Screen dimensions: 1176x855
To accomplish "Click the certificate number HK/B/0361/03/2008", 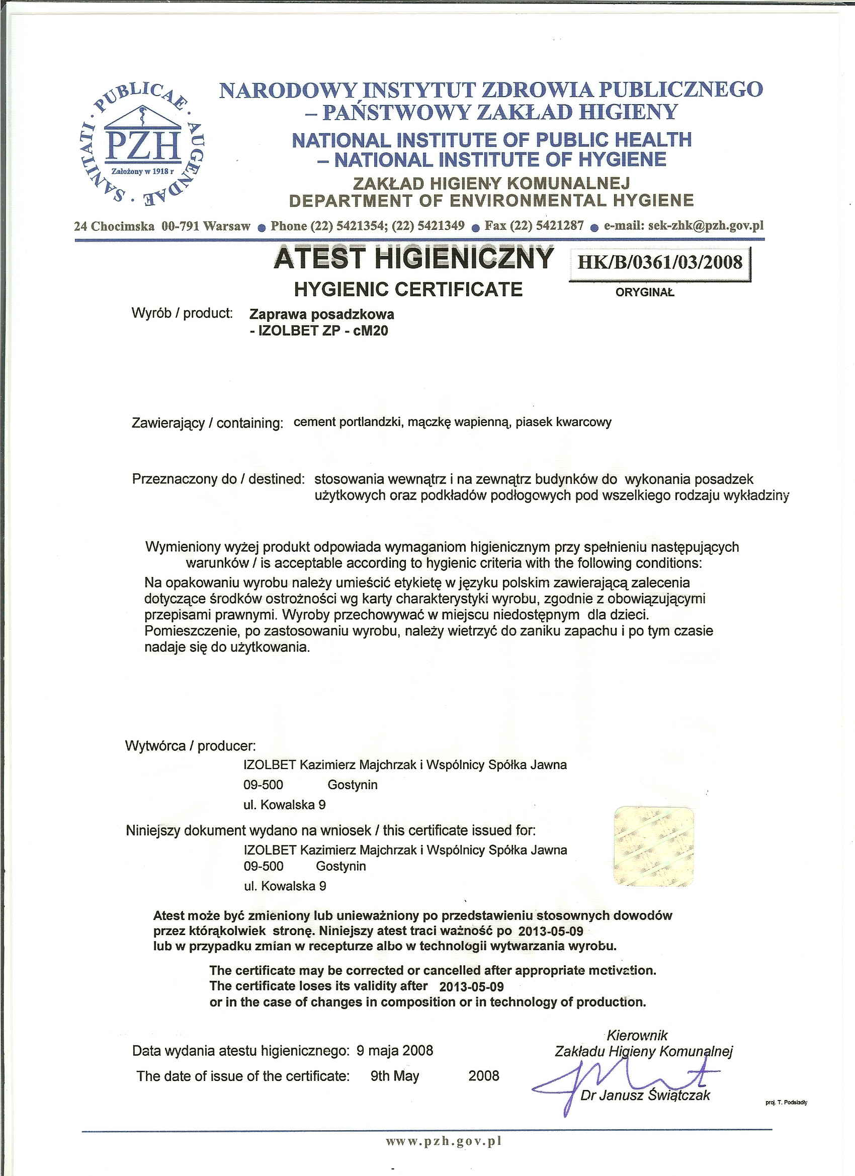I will pos(659,263).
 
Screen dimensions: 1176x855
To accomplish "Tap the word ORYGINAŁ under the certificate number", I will pos(644,292).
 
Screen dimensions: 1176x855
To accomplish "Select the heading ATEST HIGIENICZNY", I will pos(414,259).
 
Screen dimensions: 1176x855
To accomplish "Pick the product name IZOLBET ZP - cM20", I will pos(319,331).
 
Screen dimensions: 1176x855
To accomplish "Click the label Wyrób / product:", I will pos(182,313).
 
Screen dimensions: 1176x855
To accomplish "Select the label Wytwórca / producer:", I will pos(190,745).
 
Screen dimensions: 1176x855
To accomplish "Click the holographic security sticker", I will pos(653,846).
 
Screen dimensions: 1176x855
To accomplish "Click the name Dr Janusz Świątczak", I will pos(645,1095).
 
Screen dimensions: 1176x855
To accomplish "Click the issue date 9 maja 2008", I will pos(395,1051).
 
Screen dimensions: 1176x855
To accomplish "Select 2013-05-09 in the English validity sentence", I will pos(471,986).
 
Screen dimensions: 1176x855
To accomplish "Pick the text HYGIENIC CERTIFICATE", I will pos(408,289).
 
